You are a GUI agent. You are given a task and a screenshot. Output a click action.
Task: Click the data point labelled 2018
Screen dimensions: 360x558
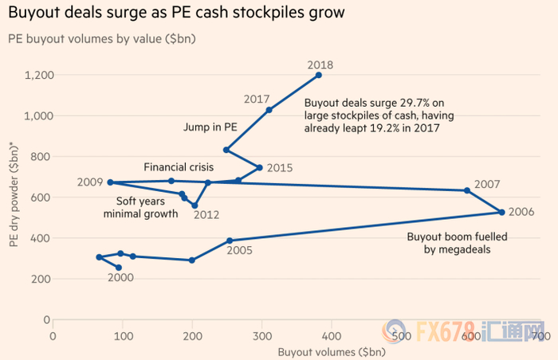(x=319, y=75)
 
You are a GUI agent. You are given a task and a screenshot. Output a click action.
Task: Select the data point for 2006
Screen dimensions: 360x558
(x=501, y=212)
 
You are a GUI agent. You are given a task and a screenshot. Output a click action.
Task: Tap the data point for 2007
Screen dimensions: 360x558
(x=467, y=190)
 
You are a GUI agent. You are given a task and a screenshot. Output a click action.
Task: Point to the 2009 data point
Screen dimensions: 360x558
(x=110, y=182)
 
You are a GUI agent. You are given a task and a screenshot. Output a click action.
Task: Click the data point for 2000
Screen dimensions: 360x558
(x=119, y=268)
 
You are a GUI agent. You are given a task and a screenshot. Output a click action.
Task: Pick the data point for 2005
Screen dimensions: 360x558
(x=230, y=241)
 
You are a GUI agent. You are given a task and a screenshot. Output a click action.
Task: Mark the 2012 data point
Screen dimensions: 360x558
(x=195, y=205)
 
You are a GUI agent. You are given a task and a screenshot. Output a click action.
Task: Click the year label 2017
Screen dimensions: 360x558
(x=257, y=100)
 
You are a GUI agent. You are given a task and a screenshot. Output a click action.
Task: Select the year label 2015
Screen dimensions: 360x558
(x=279, y=168)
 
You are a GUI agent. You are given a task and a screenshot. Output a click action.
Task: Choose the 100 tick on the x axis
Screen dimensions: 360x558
(x=122, y=336)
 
